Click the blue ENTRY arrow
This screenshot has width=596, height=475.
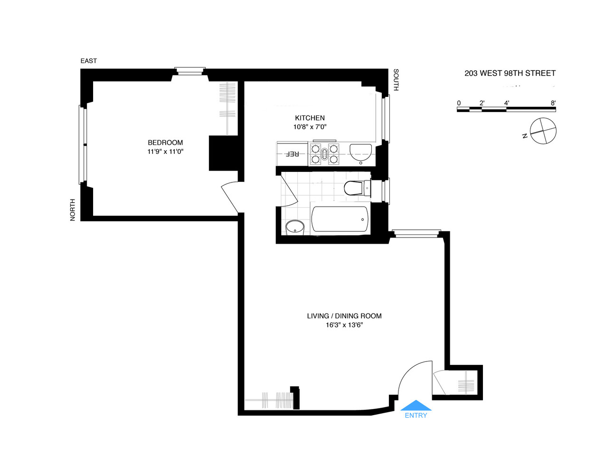pyautogui.click(x=416, y=405)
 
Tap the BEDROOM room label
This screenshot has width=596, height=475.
pyautogui.click(x=165, y=142)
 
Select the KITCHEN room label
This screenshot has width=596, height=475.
pyautogui.click(x=310, y=118)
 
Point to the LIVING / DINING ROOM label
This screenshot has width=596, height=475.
pyautogui.click(x=344, y=316)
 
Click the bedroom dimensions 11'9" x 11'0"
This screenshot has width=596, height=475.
pyautogui.click(x=165, y=152)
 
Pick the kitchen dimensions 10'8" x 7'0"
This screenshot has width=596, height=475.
pyautogui.click(x=310, y=127)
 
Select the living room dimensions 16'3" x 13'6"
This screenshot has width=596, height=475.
pyautogui.click(x=344, y=325)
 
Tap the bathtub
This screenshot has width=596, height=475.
pyautogui.click(x=341, y=219)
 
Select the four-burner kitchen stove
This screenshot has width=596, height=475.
pyautogui.click(x=324, y=153)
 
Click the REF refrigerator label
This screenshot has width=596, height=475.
pyautogui.click(x=292, y=154)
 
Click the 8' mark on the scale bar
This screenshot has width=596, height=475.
pyautogui.click(x=553, y=103)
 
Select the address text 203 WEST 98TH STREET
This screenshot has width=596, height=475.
pyautogui.click(x=510, y=73)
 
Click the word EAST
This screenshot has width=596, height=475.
pyautogui.click(x=88, y=61)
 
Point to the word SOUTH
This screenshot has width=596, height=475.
pyautogui.click(x=396, y=80)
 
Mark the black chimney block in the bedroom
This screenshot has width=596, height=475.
pyautogui.click(x=223, y=153)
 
